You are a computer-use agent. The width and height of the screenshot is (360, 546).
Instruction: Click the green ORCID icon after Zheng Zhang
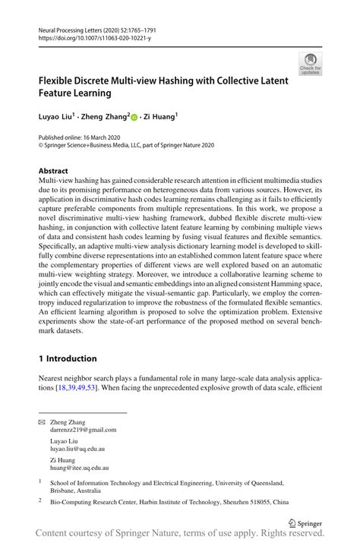point(134,118)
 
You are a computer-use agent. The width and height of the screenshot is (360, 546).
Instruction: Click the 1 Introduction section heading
point(68,358)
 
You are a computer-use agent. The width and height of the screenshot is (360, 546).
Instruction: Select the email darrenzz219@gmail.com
point(84,429)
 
